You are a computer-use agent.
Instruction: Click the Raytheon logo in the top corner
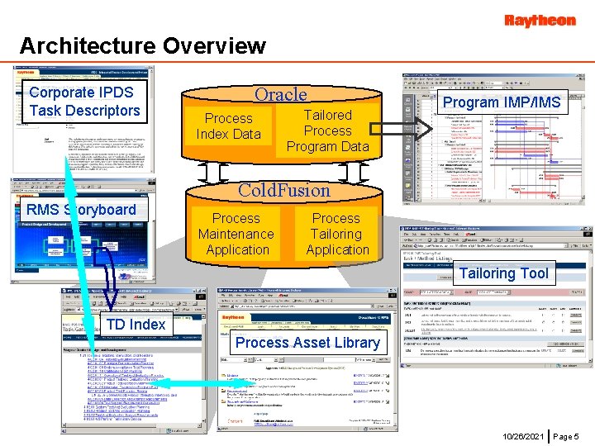[540, 20]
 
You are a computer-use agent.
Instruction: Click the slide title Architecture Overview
[142, 45]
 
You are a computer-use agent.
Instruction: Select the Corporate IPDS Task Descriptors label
[84, 102]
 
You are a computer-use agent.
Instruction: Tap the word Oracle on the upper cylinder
[280, 95]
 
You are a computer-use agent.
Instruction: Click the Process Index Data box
[228, 126]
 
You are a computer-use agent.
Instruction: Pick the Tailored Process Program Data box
[328, 130]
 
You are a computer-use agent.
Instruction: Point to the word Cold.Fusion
[283, 190]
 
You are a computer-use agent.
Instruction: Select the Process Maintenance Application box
[236, 234]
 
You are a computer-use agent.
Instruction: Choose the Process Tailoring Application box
[336, 234]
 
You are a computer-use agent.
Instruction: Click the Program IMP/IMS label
[501, 102]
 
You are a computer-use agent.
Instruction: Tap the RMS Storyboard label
[81, 210]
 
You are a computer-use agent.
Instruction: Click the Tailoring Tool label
[503, 273]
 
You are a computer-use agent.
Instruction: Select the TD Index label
[136, 325]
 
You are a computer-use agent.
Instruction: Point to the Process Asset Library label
[307, 343]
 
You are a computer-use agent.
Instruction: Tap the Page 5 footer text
[566, 435]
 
